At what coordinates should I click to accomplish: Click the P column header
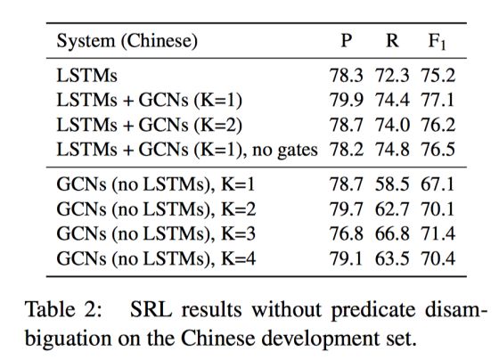347,41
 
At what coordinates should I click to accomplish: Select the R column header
392,41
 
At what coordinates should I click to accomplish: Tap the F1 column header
438,42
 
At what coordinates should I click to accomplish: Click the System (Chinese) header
127,41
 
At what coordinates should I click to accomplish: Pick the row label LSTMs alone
87,76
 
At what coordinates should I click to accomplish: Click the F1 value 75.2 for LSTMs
438,76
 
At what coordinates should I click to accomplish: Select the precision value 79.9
346,100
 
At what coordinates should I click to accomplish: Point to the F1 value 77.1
438,100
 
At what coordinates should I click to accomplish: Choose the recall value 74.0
392,125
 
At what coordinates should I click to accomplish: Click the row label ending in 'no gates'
187,150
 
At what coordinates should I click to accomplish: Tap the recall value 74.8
392,150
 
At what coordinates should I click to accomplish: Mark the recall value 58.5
392,184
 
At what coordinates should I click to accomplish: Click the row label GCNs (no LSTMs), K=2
156,209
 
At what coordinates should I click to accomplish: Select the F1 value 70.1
438,209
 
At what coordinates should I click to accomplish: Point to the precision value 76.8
346,233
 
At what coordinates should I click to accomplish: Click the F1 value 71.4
438,233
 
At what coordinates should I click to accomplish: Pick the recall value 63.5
392,258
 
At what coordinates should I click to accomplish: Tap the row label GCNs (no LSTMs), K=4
156,258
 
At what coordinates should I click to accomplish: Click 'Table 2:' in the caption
63,309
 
